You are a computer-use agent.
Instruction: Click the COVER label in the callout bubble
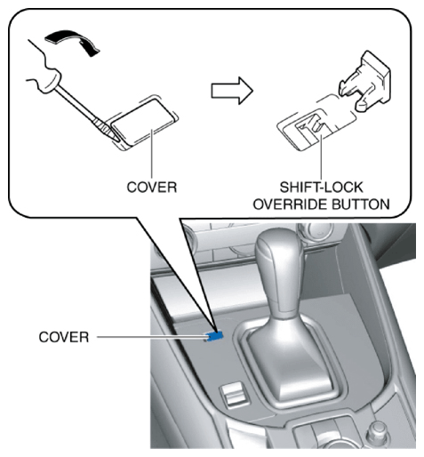[x=152, y=188]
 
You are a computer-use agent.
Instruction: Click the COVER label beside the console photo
[x=64, y=337]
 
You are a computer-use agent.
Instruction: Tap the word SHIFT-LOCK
[x=321, y=188]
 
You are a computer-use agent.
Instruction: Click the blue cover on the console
[x=214, y=336]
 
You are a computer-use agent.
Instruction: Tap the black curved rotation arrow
[x=72, y=41]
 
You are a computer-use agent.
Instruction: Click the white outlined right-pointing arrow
[x=232, y=91]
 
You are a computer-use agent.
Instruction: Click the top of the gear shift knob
[x=277, y=238]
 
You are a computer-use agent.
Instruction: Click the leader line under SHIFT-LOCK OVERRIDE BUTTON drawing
[x=321, y=156]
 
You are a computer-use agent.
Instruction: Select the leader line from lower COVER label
[x=152, y=337]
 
